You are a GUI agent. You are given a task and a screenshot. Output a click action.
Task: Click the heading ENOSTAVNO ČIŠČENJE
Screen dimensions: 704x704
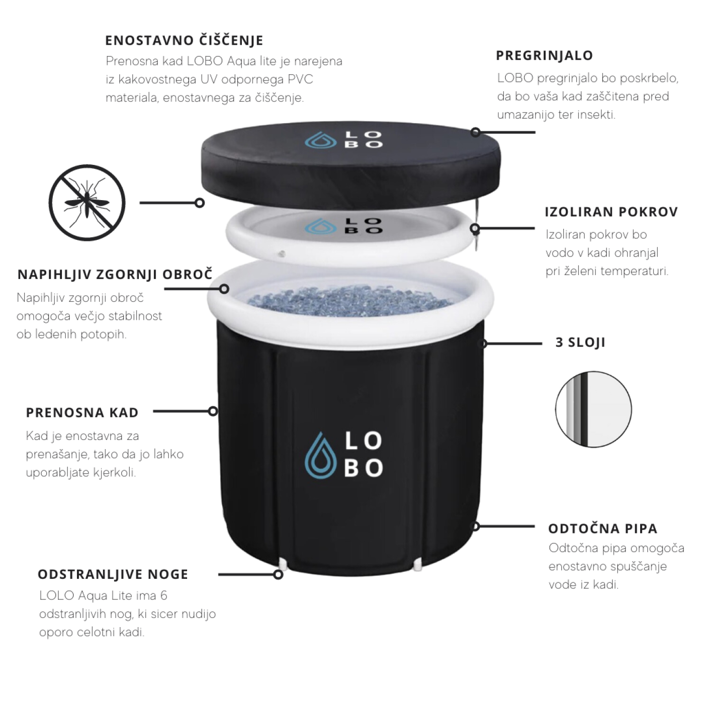pos(184,40)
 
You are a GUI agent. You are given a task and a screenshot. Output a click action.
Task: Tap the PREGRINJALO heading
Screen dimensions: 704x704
pos(544,55)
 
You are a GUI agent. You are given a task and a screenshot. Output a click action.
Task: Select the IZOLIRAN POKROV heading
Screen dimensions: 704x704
pos(611,212)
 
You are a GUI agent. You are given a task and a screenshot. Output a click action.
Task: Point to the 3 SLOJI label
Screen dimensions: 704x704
pos(580,342)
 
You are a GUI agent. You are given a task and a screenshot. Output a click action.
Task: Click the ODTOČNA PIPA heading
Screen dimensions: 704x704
pos(603,529)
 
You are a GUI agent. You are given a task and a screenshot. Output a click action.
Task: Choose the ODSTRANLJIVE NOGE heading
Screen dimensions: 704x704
pos(113,574)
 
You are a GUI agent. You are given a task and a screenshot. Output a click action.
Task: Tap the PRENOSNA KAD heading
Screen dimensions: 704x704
pos(82,412)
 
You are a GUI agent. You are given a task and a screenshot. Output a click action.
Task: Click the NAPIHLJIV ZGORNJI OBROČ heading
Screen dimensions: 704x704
pos(115,275)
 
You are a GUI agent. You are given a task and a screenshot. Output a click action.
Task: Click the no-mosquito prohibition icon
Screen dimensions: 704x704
pos(87,203)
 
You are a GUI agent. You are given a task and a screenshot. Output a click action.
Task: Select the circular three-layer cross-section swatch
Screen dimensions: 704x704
pos(593,409)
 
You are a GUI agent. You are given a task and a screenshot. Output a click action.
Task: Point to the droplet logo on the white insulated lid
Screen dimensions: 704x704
pos(320,226)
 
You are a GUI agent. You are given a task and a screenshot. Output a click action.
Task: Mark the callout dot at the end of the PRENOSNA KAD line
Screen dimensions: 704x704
pos(213,411)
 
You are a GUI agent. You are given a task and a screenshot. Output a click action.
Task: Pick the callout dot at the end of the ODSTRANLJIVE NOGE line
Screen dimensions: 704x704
pos(279,575)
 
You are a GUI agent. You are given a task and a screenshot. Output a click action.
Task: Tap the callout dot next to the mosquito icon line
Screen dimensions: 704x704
pos(200,203)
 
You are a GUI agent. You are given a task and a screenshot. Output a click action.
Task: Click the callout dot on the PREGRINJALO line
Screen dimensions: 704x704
pos(475,132)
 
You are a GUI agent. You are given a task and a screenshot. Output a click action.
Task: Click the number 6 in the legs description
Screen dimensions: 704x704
pos(163,595)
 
